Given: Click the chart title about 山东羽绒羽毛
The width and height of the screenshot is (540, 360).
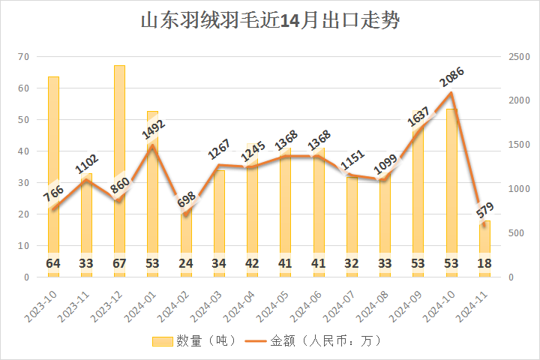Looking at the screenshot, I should [x=270, y=21].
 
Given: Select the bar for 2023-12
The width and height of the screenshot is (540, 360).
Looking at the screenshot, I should [x=120, y=165].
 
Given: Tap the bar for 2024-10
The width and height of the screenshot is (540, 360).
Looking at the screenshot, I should [x=451, y=187].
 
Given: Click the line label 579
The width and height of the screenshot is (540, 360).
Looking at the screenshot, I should [x=484, y=211].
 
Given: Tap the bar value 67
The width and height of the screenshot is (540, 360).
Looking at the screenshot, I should [x=120, y=263].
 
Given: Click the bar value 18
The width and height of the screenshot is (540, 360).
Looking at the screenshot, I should [x=484, y=263].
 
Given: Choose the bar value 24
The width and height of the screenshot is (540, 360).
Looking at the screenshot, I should [x=186, y=263].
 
